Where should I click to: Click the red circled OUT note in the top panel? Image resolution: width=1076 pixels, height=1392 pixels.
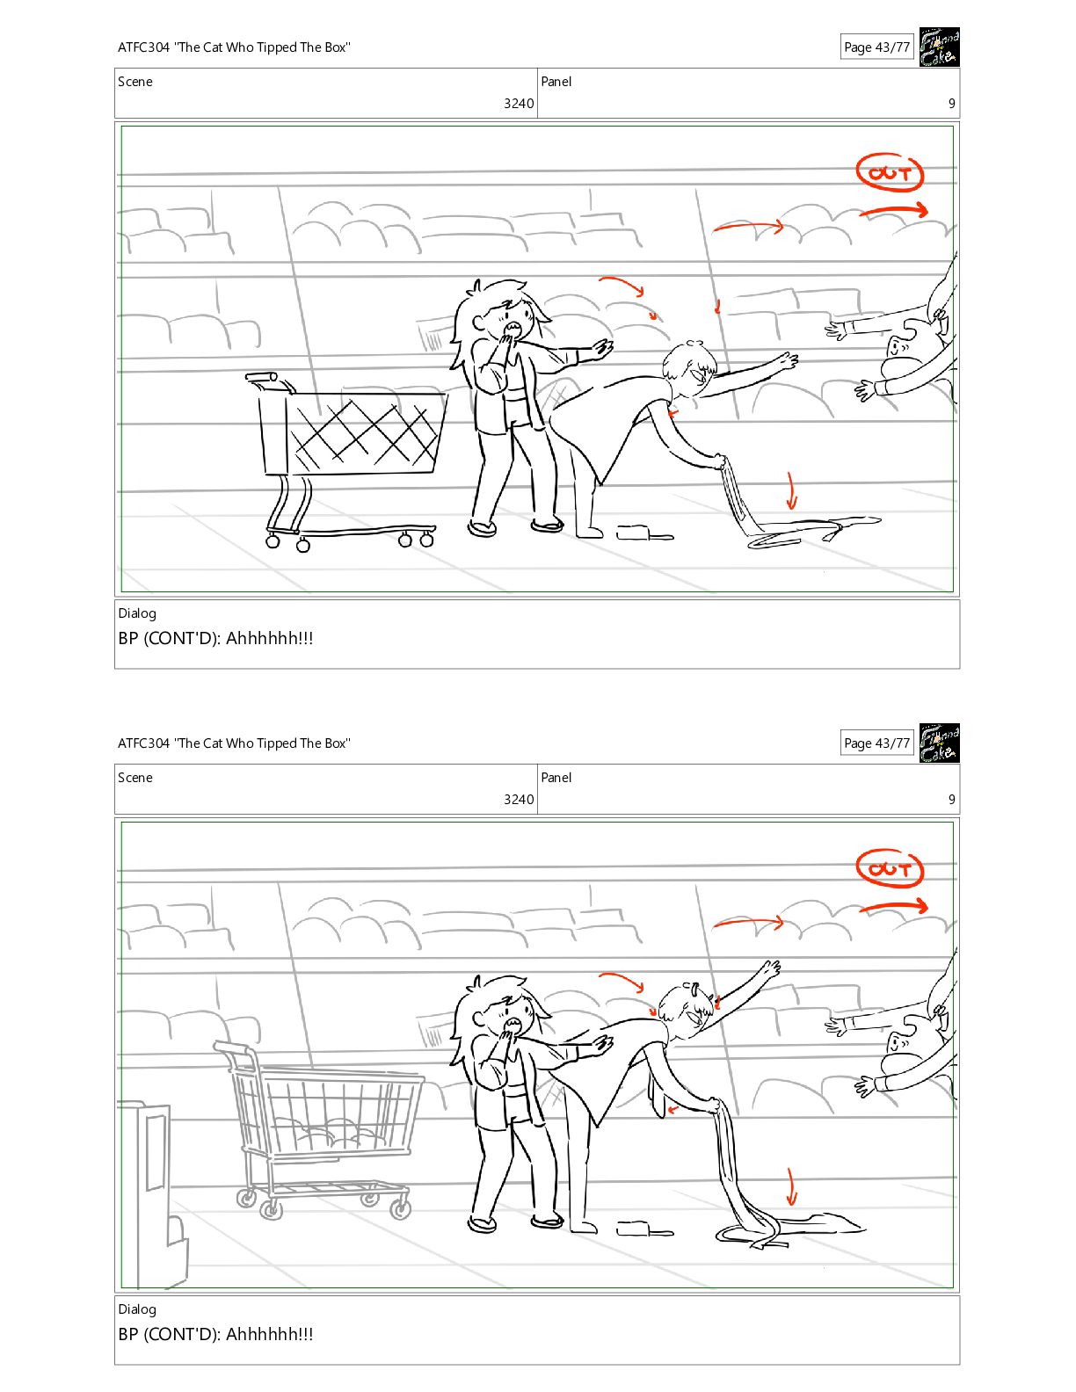pyautogui.click(x=890, y=172)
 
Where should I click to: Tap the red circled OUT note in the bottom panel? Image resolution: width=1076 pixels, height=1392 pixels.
pyautogui.click(x=890, y=868)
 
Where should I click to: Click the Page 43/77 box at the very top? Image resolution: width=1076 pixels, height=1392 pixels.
pyautogui.click(x=876, y=47)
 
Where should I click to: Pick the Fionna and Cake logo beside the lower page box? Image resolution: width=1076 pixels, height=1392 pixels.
pyautogui.click(x=939, y=743)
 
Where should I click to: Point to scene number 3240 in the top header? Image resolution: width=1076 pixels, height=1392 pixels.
pyautogui.click(x=519, y=103)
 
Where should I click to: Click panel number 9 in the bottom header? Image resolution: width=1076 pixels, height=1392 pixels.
pyautogui.click(x=952, y=799)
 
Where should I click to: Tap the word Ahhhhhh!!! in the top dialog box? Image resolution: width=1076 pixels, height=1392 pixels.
pyautogui.click(x=269, y=638)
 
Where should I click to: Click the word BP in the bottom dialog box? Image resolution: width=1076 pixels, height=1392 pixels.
pyautogui.click(x=128, y=1334)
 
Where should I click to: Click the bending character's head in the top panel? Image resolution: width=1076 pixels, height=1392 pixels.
pyautogui.click(x=689, y=368)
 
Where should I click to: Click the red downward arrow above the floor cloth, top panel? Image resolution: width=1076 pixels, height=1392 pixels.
pyautogui.click(x=791, y=490)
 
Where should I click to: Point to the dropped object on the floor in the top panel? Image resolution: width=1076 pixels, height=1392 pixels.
pyautogui.click(x=644, y=533)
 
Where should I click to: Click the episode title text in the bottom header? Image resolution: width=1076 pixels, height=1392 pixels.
pyautogui.click(x=234, y=743)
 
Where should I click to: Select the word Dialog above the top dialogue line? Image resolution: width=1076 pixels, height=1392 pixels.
pyautogui.click(x=136, y=613)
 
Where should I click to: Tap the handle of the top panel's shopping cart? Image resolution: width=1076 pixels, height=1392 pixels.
pyautogui.click(x=268, y=380)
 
